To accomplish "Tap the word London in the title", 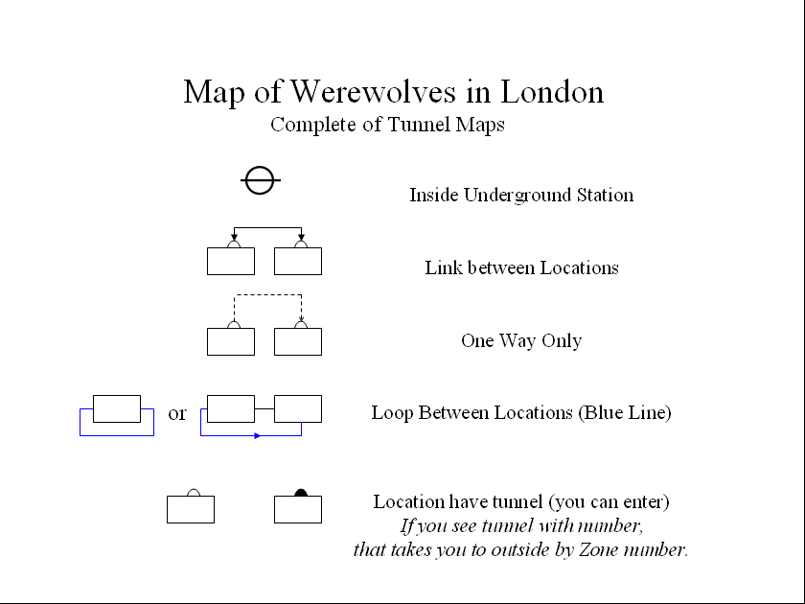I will (553, 92).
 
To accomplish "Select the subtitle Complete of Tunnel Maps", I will (387, 125).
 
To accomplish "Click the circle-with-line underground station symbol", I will (260, 179).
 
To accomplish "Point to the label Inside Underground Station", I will (521, 196).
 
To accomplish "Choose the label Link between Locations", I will (521, 268).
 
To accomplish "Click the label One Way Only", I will (521, 341).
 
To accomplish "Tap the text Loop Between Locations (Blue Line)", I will (521, 413).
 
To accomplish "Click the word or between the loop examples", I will (177, 414).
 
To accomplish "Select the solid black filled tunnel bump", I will (300, 493).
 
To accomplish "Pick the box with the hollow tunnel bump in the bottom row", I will (191, 509).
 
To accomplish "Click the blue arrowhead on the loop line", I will (256, 436).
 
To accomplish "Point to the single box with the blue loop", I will (117, 408).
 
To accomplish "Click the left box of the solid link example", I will (231, 262).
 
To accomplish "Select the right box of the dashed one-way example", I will (298, 342).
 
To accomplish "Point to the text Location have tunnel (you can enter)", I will (521, 502).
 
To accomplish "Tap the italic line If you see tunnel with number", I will (521, 526).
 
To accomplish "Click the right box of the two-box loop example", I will (298, 408).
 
